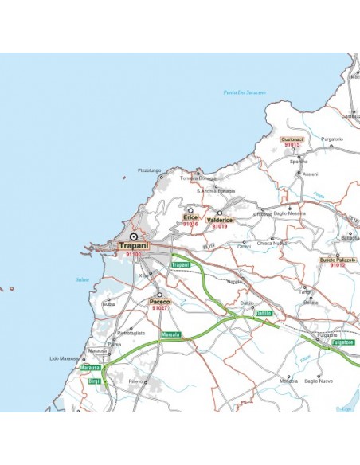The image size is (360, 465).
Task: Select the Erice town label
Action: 190,217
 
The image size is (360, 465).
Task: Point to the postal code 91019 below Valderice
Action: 220,226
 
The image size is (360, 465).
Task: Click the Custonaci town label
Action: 292,139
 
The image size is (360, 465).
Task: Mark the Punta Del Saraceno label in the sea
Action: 245,94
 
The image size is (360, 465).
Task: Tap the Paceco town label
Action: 159,302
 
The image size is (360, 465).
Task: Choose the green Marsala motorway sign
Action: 171,334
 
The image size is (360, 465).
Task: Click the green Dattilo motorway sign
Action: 264,314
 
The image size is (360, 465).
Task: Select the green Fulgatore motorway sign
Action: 342,342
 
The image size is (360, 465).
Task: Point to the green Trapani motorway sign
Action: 181,264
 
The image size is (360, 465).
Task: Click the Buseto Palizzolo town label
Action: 338,260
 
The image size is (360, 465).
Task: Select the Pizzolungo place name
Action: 149,170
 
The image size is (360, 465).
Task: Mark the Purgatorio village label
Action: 332,139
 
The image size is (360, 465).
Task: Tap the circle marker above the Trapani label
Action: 134,236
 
